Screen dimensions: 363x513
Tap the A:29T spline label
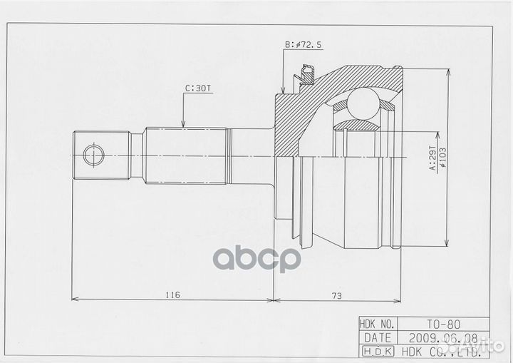[x=432, y=157]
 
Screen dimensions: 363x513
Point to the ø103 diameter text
[x=442, y=157]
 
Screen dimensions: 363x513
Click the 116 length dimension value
[x=170, y=293]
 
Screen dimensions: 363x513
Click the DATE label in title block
[x=378, y=336]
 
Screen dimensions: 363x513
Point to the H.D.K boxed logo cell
[x=378, y=349]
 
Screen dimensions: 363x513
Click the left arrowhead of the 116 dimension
[x=75, y=298]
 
